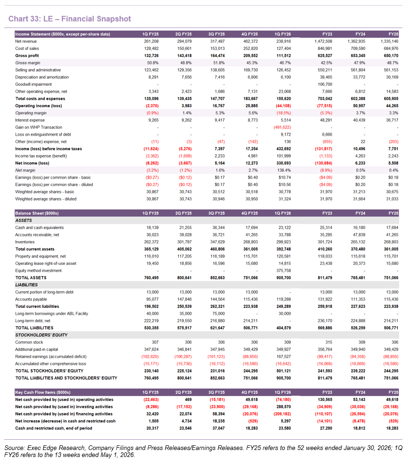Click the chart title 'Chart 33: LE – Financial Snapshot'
pyautogui.click(x=69, y=19)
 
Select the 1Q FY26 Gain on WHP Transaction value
pyautogui.click(x=282, y=127)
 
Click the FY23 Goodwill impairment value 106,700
pyautogui.click(x=325, y=84)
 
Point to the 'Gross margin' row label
pyautogui.click(x=28, y=63)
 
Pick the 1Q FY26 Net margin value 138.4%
pyautogui.click(x=284, y=171)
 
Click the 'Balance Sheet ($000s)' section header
pyautogui.click(x=37, y=214)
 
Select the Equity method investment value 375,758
pyautogui.click(x=284, y=271)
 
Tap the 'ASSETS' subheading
pyautogui.click(x=24, y=221)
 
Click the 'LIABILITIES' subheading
pyautogui.click(x=27, y=285)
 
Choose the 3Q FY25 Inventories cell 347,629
pyautogui.click(x=217, y=242)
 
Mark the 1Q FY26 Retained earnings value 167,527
pyautogui.click(x=284, y=357)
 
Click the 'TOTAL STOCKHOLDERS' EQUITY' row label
pyautogui.click(x=49, y=371)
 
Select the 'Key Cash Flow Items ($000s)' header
pyautogui.click(x=43, y=392)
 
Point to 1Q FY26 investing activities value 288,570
pyautogui.click(x=284, y=407)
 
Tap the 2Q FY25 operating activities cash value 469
pyautogui.click(x=188, y=400)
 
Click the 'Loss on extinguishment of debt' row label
pyautogui.click(x=43, y=135)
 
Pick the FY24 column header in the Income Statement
pyautogui.click(x=360, y=35)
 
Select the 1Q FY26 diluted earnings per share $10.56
pyautogui.click(x=284, y=185)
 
